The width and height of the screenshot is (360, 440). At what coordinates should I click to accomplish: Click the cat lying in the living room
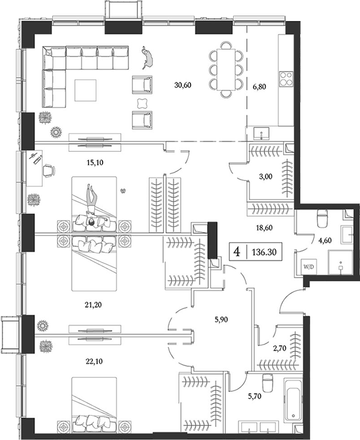click(x=147, y=57)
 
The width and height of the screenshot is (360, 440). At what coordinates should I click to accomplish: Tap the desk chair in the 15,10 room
click(x=49, y=170)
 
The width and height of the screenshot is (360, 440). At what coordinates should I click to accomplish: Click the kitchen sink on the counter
click(x=259, y=134)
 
